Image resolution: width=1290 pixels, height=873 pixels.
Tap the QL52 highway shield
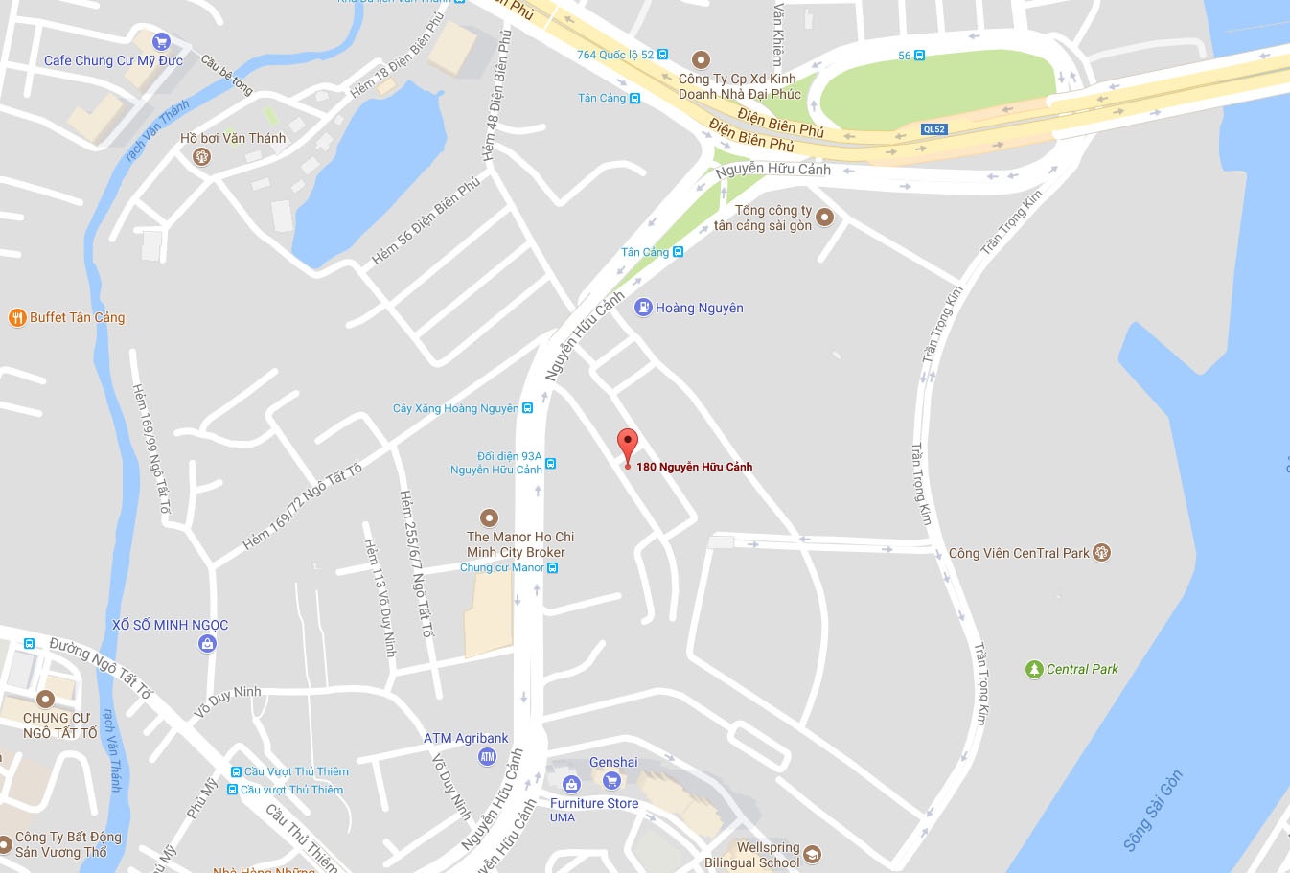click(933, 129)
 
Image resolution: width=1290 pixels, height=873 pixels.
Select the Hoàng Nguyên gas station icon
click(643, 308)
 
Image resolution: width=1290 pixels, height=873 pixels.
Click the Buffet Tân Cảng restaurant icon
click(16, 317)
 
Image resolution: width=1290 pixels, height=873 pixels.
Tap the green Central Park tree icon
click(1033, 669)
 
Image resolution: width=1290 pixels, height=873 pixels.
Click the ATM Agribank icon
click(487, 757)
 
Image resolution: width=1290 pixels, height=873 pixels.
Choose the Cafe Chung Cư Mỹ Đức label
click(113, 60)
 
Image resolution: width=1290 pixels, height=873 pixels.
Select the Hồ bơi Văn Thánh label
click(233, 138)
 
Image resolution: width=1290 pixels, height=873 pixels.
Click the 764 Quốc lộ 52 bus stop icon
click(662, 55)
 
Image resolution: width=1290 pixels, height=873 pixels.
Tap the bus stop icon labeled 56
click(919, 56)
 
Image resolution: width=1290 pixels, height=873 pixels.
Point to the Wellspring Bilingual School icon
click(812, 854)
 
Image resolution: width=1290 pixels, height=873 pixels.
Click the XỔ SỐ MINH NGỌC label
click(171, 625)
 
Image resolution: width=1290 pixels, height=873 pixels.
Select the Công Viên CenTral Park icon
click(1101, 552)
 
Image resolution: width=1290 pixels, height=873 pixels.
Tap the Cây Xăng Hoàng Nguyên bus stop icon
click(527, 408)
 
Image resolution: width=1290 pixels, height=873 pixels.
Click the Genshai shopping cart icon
click(612, 780)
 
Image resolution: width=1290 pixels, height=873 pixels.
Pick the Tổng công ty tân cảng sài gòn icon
click(824, 218)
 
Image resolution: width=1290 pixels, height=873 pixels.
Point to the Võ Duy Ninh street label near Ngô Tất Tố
click(227, 701)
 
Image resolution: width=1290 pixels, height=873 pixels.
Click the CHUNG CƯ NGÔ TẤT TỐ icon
click(45, 699)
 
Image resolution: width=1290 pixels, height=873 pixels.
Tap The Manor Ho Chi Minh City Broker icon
click(489, 518)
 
